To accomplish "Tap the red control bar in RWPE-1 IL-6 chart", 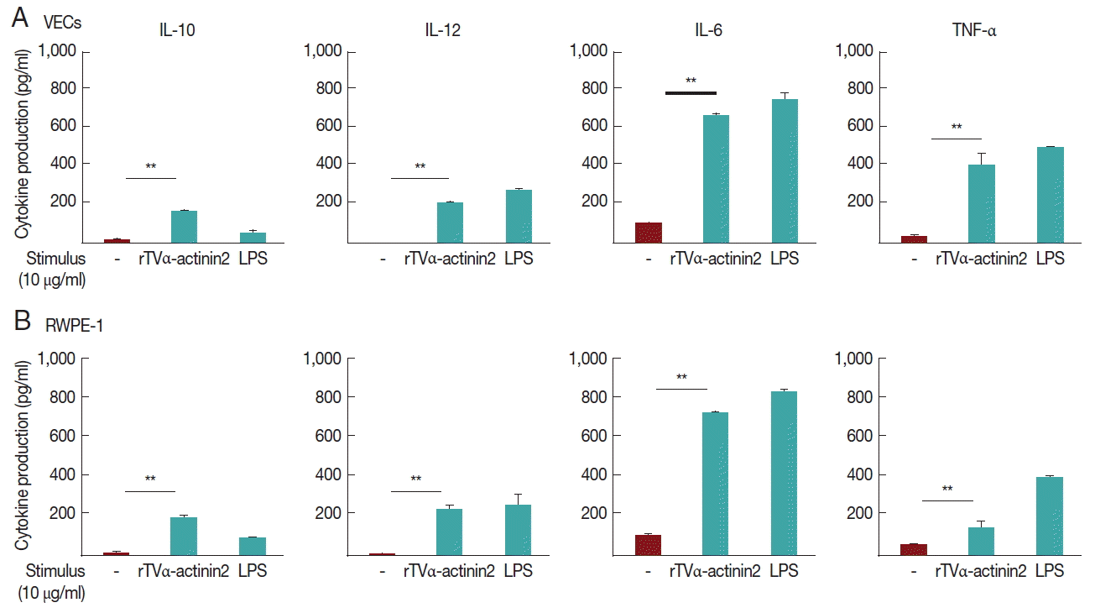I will coord(648,545).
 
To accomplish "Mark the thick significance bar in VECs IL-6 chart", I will coord(691,92).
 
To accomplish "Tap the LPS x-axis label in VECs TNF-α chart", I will coord(1050,259).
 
